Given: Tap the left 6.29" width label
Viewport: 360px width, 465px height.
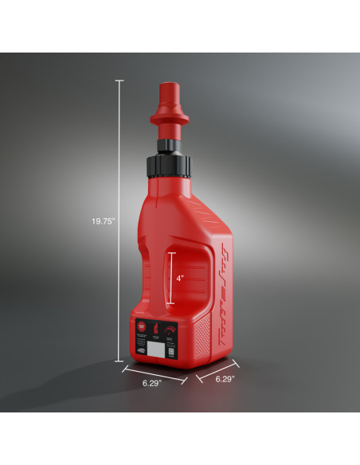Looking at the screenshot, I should [152, 383].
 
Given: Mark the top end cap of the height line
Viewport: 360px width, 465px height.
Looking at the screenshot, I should [120, 80].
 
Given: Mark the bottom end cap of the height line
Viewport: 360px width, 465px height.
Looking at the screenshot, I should [120, 361].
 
